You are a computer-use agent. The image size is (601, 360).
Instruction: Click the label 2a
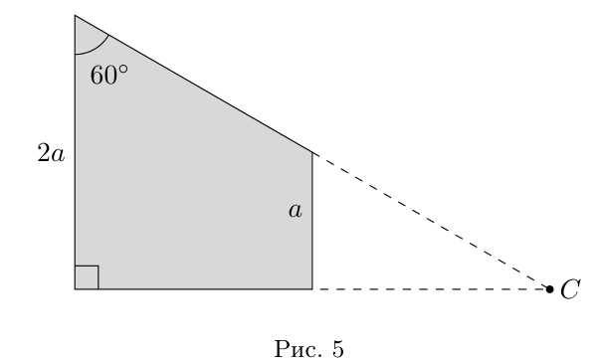51,154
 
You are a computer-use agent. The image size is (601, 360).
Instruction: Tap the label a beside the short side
296,210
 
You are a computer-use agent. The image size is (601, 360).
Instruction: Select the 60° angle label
108,75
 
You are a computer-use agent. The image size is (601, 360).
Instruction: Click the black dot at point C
549,289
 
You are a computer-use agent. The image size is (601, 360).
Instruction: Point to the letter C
570,288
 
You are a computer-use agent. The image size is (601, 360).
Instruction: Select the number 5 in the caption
338,349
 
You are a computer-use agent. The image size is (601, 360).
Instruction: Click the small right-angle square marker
87,277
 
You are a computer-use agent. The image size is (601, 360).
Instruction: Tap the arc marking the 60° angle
97,48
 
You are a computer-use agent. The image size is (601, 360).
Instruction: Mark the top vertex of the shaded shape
75,15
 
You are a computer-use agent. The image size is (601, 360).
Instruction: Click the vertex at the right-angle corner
75,289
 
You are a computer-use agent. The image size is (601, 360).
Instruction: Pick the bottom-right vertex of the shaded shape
312,289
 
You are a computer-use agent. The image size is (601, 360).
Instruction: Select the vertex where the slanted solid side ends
312,152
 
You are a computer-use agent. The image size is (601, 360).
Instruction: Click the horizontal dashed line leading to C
431,289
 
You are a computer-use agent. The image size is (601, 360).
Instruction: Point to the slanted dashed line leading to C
431,221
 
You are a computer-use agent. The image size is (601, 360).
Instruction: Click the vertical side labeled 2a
75,152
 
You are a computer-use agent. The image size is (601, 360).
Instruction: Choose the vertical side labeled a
312,221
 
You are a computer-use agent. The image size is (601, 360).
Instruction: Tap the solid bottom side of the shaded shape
194,289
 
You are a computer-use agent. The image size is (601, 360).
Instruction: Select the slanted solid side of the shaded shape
194,84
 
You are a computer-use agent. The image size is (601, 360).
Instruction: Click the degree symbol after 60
123,70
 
